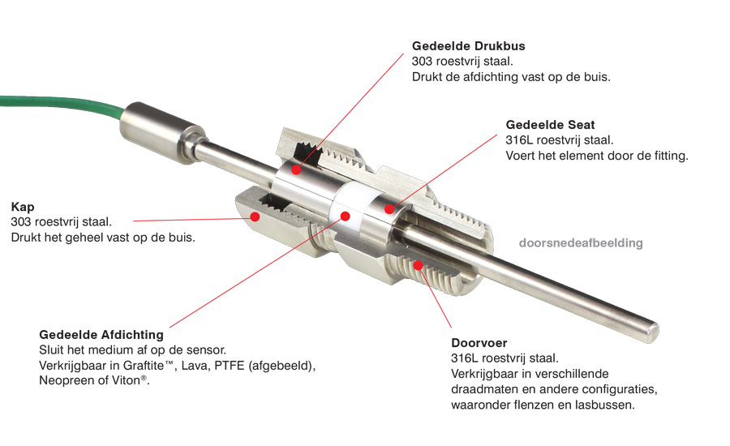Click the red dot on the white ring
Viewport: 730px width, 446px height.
point(346,216)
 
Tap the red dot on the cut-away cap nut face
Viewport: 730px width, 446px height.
point(255,215)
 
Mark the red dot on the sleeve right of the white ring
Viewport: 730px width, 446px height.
point(389,210)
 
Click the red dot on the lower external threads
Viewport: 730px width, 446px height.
point(417,265)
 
